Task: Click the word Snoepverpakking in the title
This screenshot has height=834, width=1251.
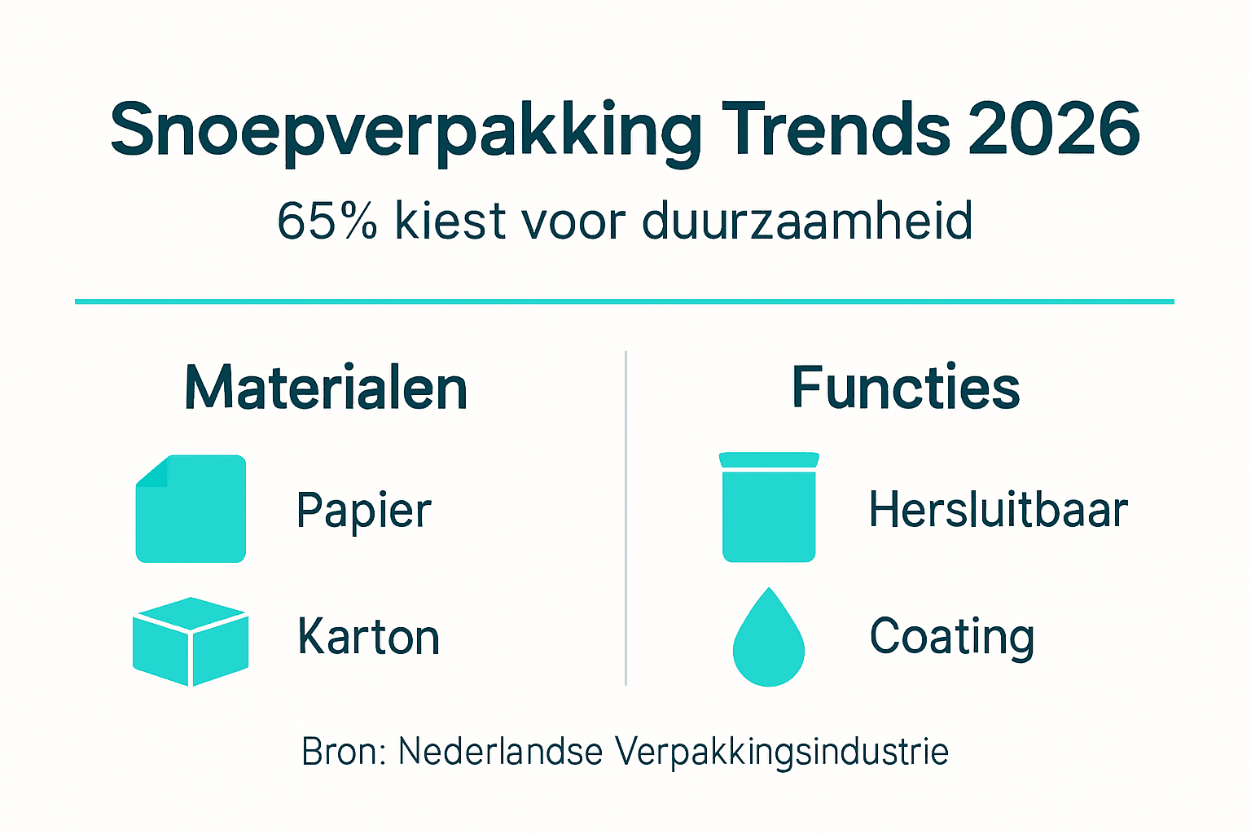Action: pyautogui.click(x=406, y=130)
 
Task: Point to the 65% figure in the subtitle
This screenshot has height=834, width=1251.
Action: pyautogui.click(x=327, y=221)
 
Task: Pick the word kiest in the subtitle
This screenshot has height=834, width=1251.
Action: pyautogui.click(x=450, y=221)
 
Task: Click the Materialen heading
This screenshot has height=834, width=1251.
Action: pyautogui.click(x=326, y=388)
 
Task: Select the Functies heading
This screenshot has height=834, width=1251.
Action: pyautogui.click(x=906, y=388)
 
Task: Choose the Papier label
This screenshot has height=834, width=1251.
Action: pyautogui.click(x=363, y=511)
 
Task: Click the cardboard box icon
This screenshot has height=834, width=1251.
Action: pyautogui.click(x=191, y=641)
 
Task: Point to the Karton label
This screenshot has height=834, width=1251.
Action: pyautogui.click(x=368, y=637)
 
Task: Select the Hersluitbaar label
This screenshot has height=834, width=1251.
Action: pyautogui.click(x=999, y=511)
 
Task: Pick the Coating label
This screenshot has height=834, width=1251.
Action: pyautogui.click(x=952, y=637)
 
